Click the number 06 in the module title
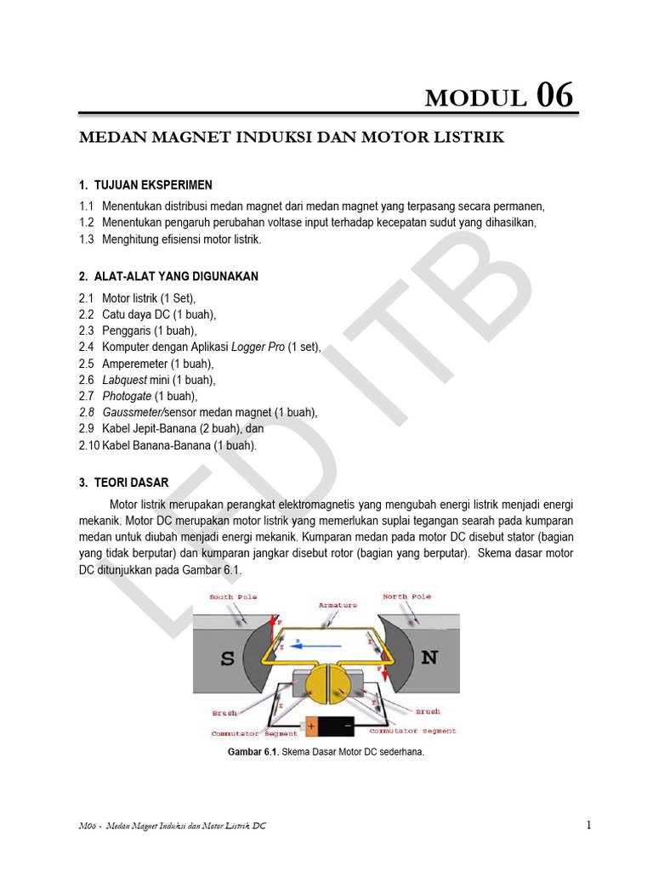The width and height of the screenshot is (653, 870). tap(554, 96)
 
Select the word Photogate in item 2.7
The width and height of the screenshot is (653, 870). tap(127, 396)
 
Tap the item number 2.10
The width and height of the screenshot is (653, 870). tap(88, 445)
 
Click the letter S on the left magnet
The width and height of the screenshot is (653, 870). tap(228, 658)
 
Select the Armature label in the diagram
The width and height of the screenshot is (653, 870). tap(338, 605)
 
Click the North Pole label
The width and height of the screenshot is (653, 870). tap(407, 597)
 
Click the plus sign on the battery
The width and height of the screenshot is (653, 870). tap(310, 727)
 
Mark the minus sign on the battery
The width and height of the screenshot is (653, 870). tap(346, 727)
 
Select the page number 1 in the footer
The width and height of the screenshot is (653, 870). tap(588, 825)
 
